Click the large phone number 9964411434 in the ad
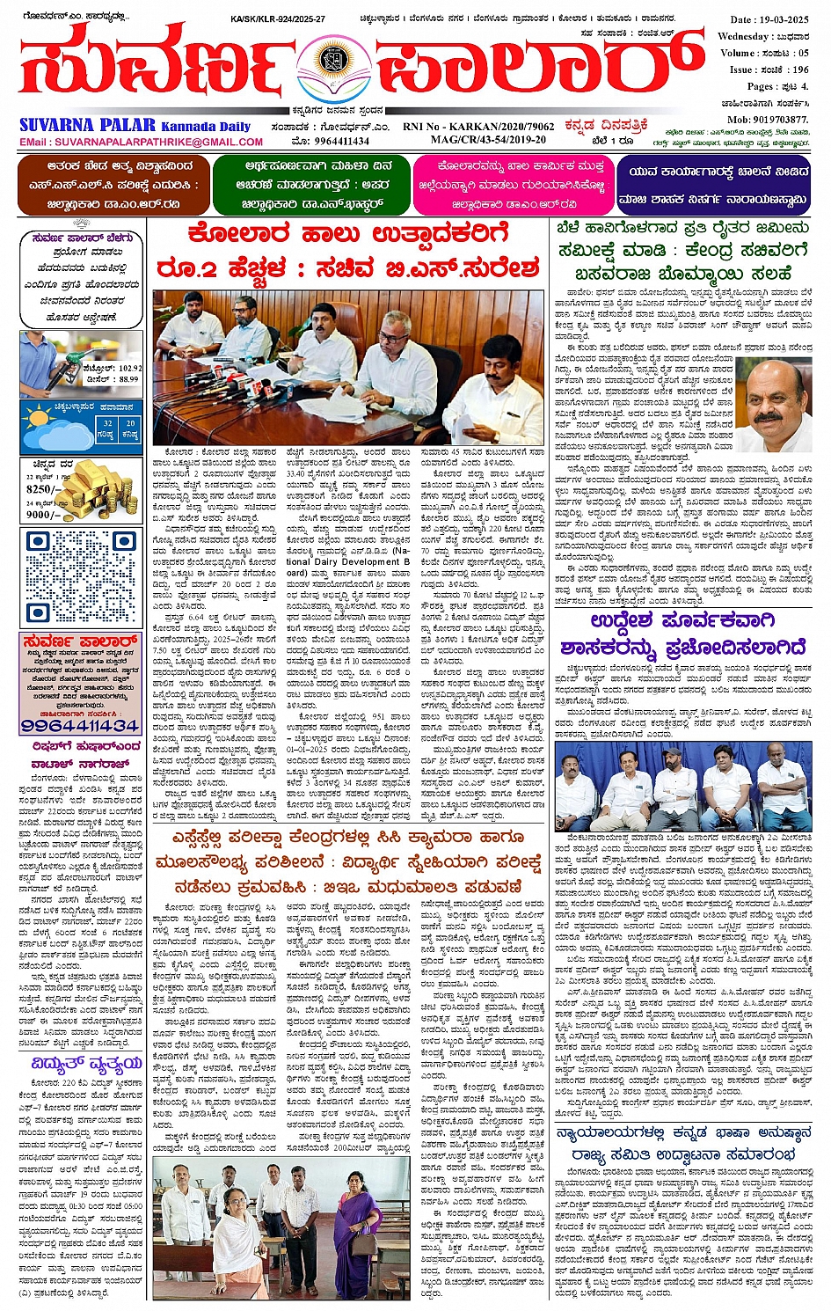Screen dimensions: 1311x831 coord(80,726)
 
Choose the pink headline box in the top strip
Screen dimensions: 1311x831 coord(512,186)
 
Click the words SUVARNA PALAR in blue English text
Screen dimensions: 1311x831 coord(88,126)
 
